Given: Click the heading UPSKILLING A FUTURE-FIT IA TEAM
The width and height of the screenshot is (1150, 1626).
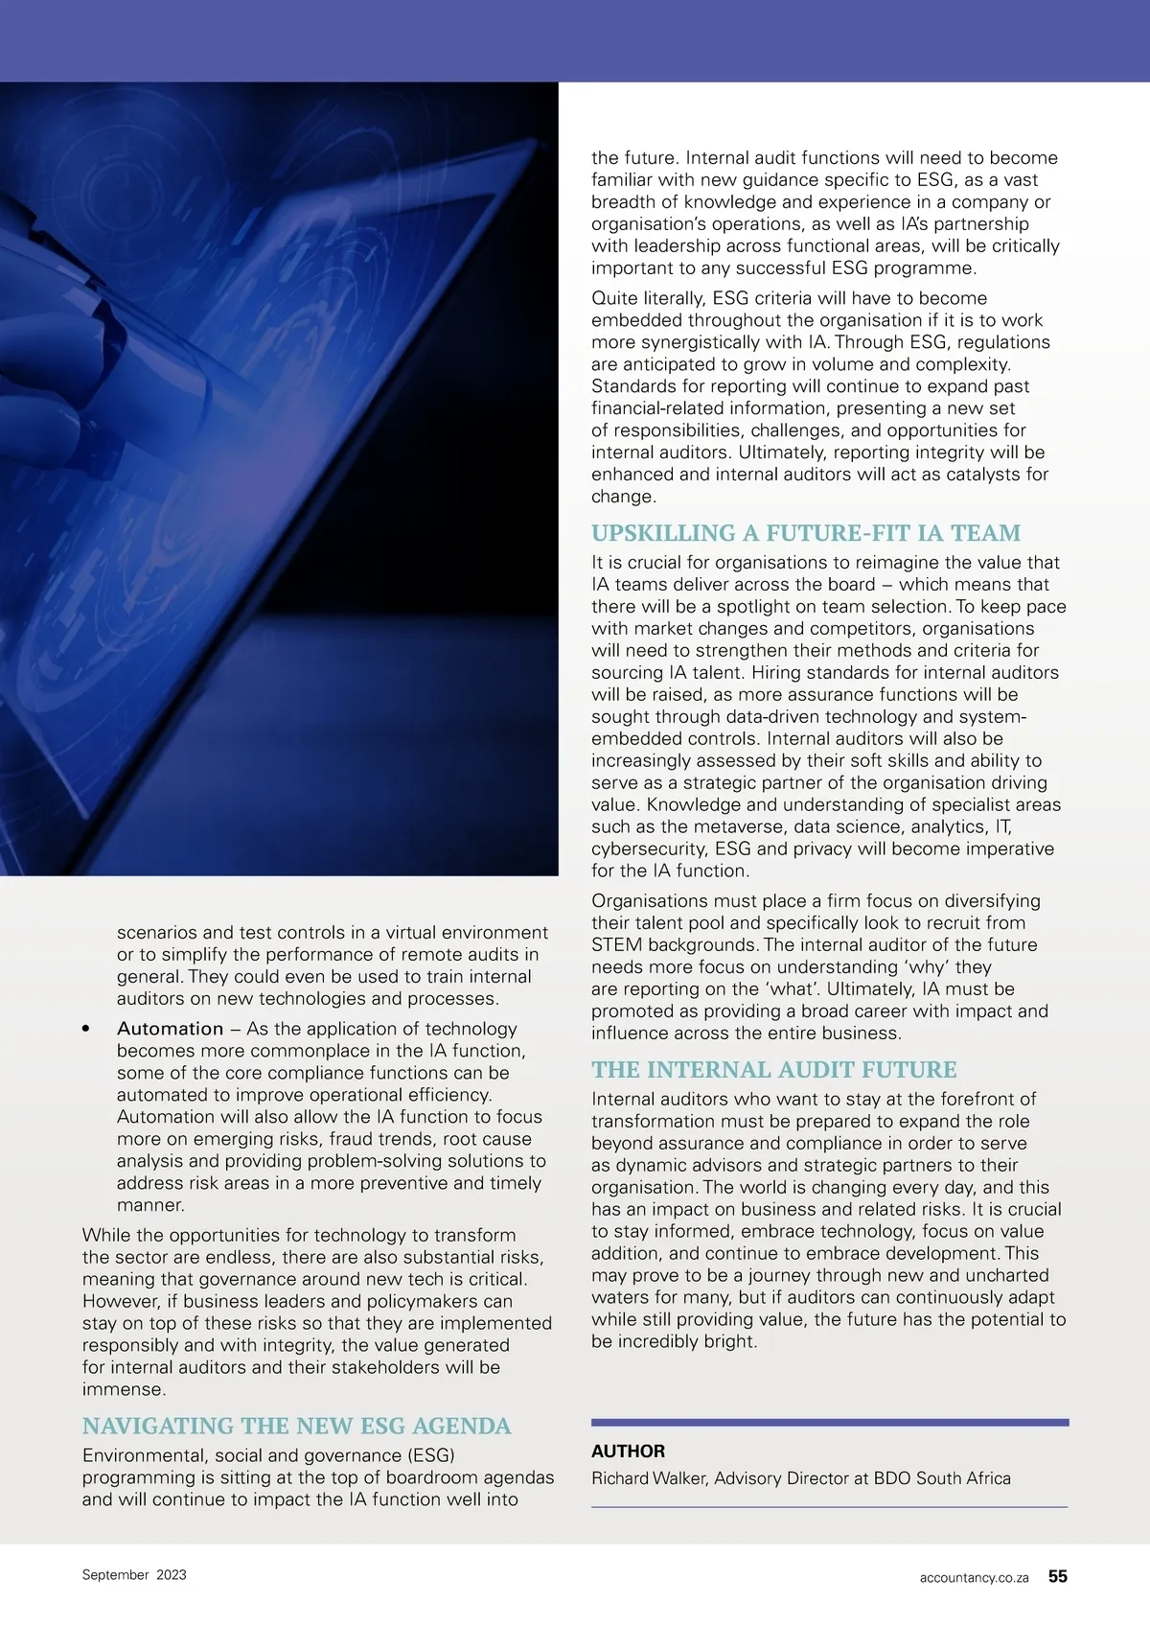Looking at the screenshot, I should tap(806, 533).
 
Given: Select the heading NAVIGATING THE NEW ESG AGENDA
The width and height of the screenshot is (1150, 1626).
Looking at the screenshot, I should tap(296, 1426).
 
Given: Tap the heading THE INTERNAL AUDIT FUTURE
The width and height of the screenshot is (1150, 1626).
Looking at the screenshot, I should tap(773, 1069).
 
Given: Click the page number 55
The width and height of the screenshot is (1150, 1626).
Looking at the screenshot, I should tap(1057, 1576).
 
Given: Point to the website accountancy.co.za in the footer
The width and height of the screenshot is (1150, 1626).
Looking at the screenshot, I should tap(974, 1577).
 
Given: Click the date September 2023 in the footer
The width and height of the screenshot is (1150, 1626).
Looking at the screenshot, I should tap(134, 1575).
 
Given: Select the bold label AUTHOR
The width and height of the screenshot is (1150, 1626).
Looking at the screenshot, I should tap(628, 1452).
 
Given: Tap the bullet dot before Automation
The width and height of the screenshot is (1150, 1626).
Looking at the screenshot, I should tap(86, 1029).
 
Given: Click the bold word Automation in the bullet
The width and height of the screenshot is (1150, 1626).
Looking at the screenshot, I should tap(170, 1029).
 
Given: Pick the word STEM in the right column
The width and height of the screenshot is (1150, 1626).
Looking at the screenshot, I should tap(616, 945).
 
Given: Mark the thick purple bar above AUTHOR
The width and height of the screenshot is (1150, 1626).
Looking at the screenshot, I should tap(829, 1423).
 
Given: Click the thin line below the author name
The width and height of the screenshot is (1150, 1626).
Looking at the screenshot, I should tap(829, 1507).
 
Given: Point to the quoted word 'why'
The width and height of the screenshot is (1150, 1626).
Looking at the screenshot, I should tap(927, 967).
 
